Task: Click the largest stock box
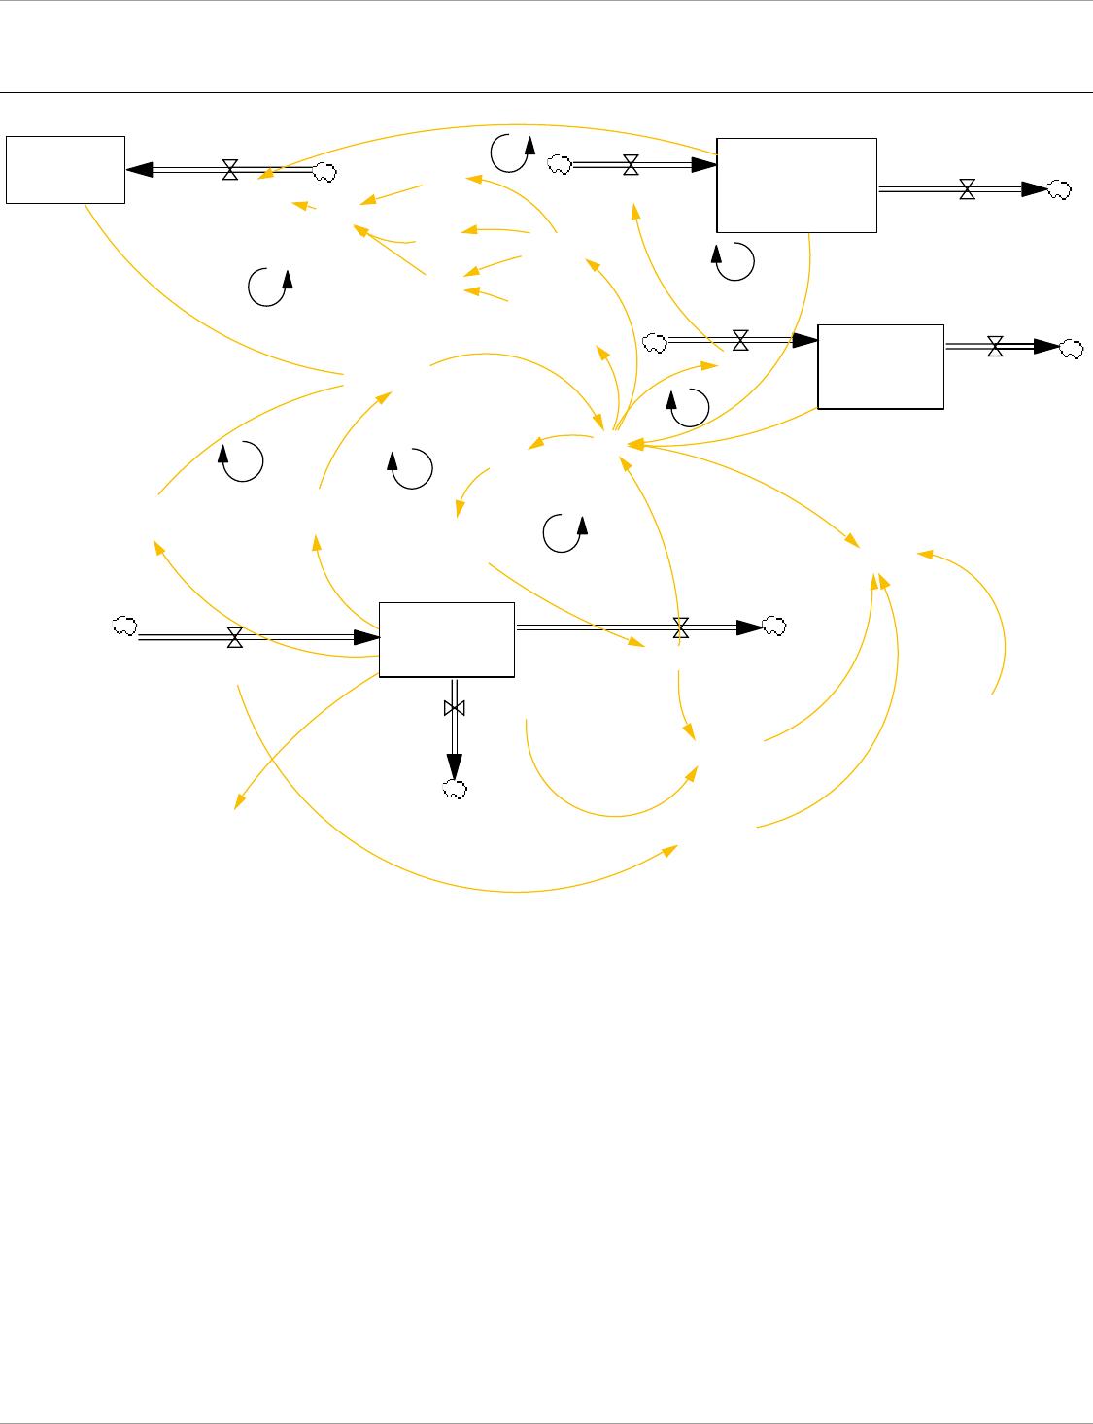pos(797,185)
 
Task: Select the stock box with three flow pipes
pos(446,638)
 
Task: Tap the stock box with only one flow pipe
pos(65,170)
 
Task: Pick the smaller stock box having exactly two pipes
pos(880,366)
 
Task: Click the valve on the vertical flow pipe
pos(454,708)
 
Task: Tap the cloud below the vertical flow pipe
pos(454,791)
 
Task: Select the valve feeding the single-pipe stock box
pos(230,171)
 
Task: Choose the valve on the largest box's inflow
pos(631,165)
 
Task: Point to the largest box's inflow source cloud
pos(559,165)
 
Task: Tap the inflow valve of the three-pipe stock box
pos(234,637)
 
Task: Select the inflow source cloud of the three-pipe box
pos(124,627)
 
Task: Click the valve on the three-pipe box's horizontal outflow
pos(681,628)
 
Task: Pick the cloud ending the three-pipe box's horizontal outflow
pos(774,627)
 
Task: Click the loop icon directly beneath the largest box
pos(734,262)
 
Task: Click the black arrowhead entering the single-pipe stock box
pos(140,170)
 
